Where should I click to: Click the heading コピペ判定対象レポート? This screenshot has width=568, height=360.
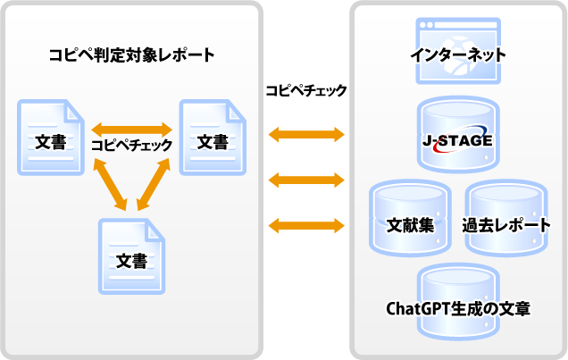(x=131, y=54)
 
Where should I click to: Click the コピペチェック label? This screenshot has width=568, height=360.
(x=131, y=144)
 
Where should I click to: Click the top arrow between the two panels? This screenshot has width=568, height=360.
(x=306, y=135)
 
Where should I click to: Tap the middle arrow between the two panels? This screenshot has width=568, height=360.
(x=306, y=181)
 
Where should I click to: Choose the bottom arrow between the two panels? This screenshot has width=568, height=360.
(x=306, y=223)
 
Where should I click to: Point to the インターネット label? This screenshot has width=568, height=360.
(x=458, y=55)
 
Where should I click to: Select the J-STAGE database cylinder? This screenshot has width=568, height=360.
(x=458, y=135)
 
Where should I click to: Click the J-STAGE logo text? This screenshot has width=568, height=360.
(x=458, y=140)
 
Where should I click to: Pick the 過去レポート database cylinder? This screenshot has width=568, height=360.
(x=505, y=214)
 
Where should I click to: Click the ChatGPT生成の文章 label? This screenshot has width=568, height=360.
(x=458, y=309)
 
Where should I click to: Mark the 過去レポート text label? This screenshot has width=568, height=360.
(x=505, y=225)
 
